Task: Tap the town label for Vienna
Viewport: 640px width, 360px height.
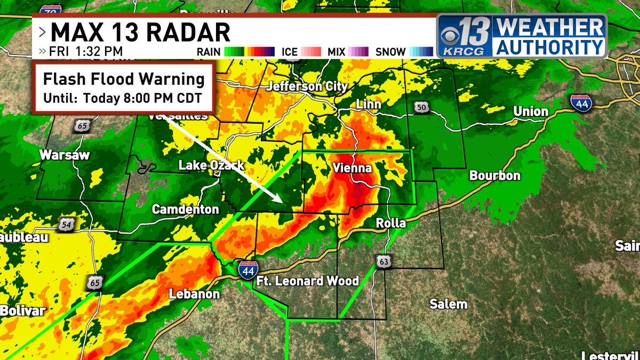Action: (351, 168)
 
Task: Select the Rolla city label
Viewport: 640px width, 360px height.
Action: (391, 223)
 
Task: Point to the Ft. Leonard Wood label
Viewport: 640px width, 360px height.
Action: (307, 281)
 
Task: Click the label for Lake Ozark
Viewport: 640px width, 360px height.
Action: (211, 165)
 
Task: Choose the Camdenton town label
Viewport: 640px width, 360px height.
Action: (185, 210)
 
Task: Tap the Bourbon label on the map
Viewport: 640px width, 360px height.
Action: (494, 175)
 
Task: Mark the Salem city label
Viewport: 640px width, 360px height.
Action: (449, 304)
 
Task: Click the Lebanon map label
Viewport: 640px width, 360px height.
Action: (194, 294)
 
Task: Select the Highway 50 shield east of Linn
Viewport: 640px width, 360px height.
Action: (421, 108)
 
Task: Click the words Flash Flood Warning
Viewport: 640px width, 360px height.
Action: (124, 79)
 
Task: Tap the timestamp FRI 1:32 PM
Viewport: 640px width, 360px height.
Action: (86, 52)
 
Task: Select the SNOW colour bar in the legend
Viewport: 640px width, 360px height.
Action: (421, 52)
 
